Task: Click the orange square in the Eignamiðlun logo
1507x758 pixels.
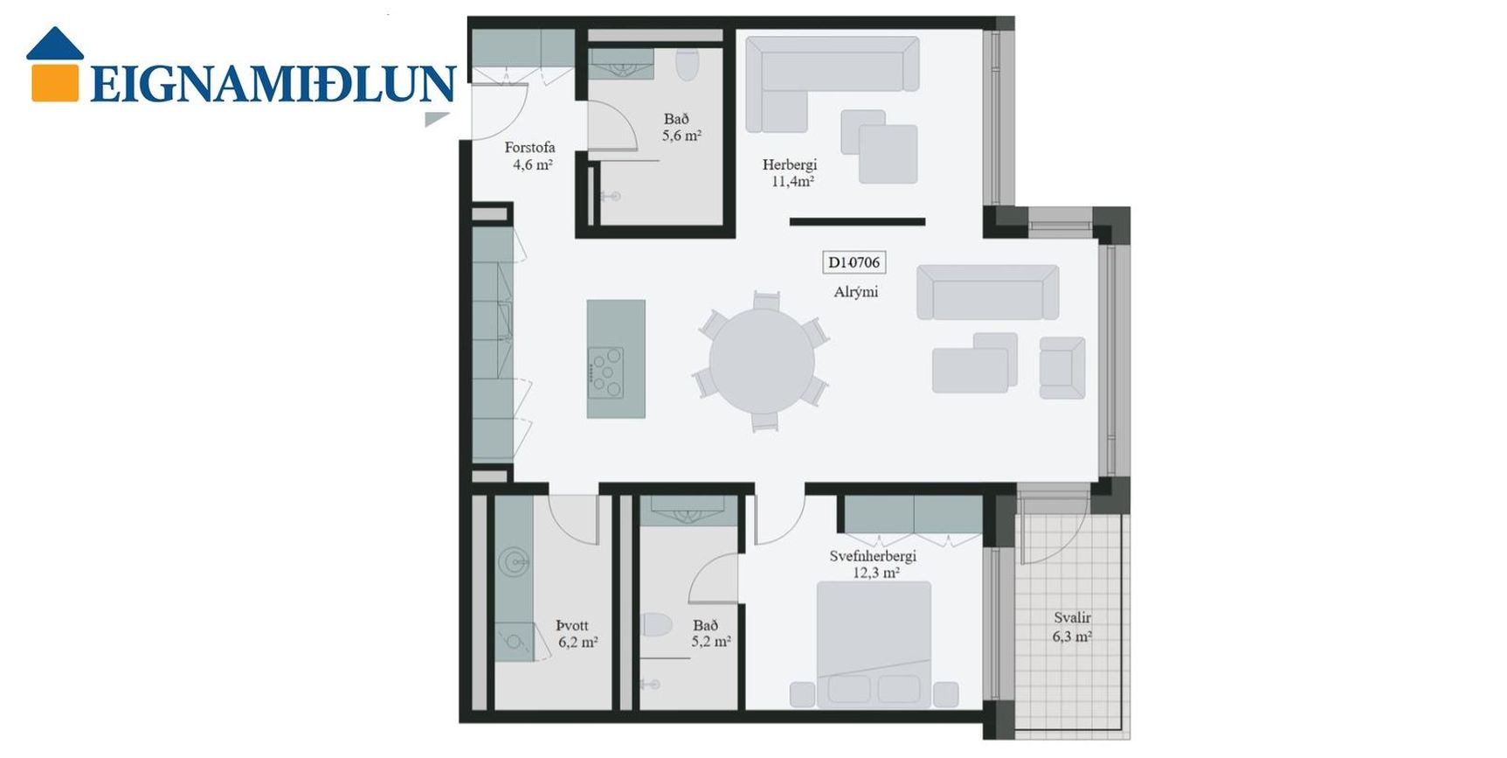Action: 55,81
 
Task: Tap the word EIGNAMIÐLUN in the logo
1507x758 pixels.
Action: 273,84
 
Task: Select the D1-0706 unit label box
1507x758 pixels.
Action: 854,262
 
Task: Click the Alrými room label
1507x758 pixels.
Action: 855,292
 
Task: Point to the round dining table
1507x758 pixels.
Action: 762,360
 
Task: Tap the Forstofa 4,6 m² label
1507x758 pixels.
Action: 530,156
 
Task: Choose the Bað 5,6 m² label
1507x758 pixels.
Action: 681,128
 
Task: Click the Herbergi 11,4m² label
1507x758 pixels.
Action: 791,173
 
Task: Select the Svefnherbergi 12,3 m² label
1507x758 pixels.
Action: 874,565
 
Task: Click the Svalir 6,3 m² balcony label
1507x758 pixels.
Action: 1072,627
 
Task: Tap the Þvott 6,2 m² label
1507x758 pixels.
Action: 577,634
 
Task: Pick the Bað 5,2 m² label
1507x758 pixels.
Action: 710,634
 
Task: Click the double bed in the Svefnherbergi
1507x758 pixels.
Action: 874,644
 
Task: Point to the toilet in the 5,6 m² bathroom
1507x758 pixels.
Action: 688,62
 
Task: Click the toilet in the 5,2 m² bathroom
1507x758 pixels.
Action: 655,625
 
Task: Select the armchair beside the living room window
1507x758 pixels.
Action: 1062,368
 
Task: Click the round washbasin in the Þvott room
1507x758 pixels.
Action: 514,561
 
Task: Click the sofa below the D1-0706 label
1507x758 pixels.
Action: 987,292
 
